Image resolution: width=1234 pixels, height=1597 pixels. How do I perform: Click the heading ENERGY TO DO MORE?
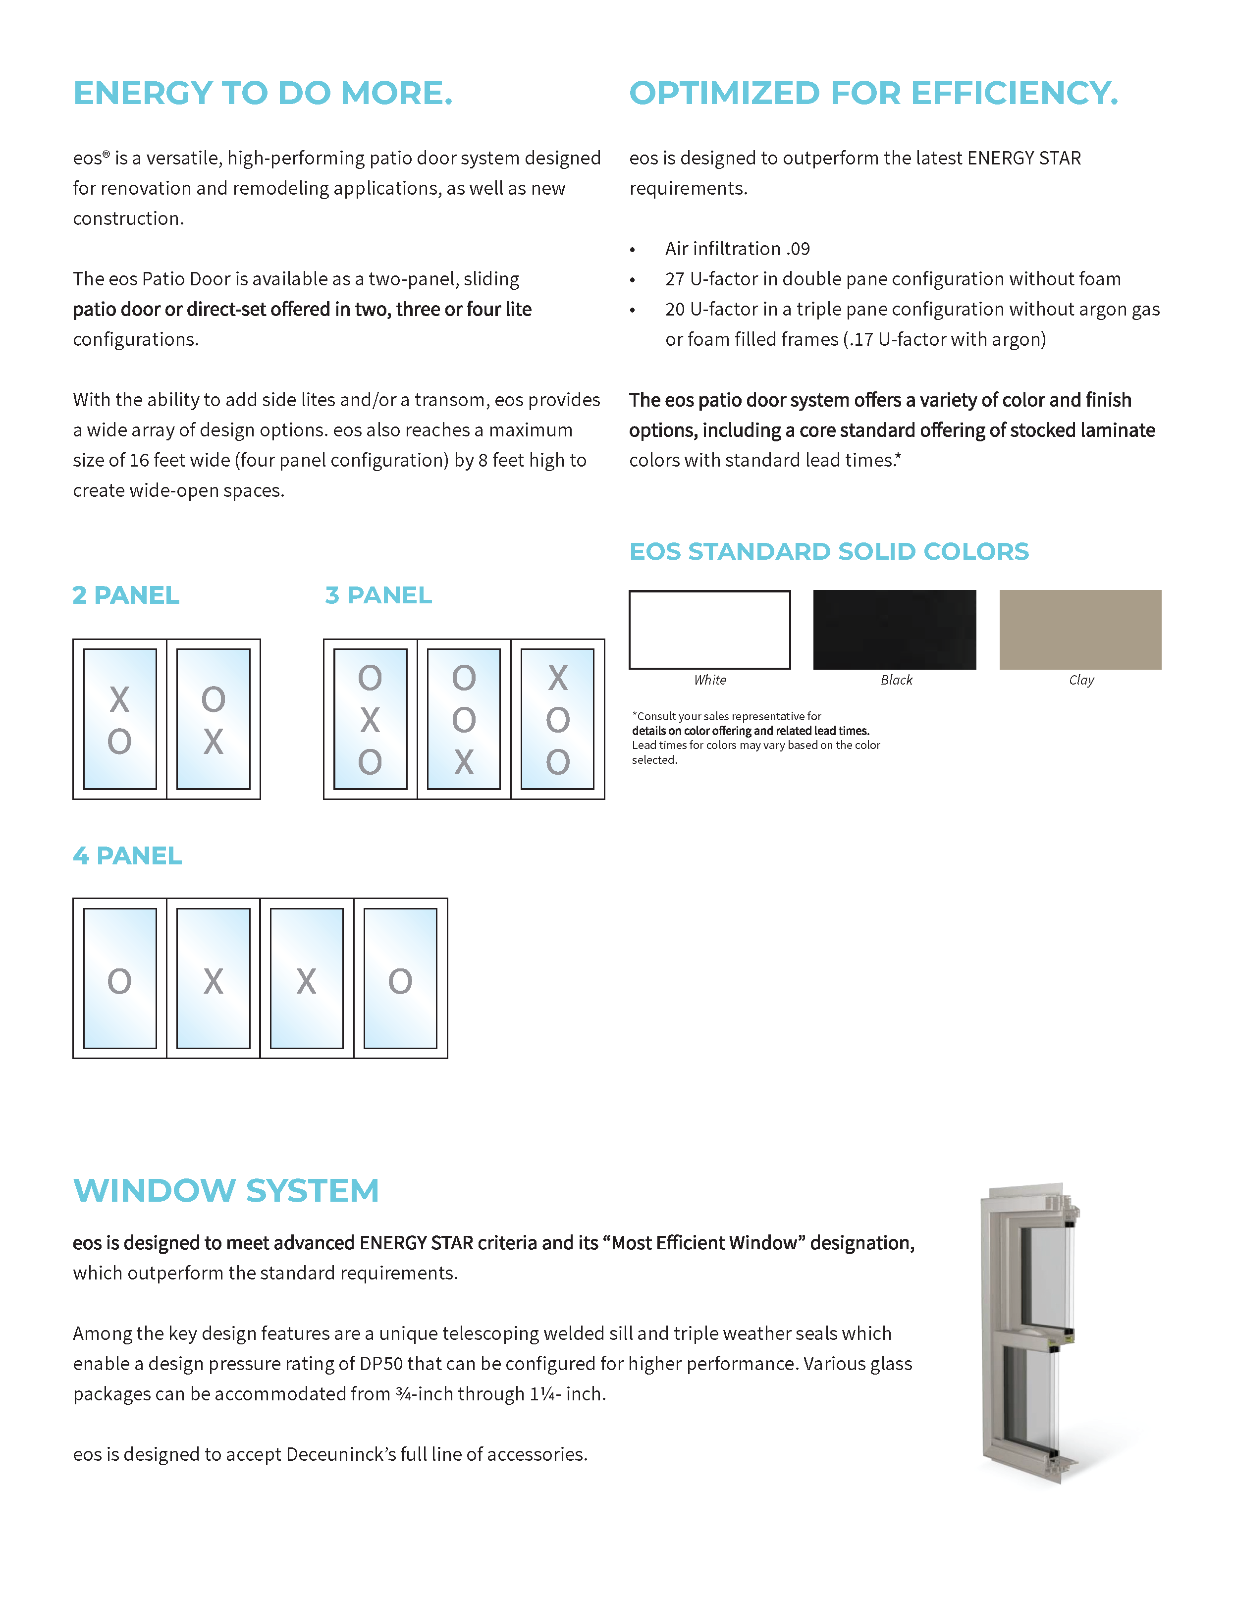(263, 94)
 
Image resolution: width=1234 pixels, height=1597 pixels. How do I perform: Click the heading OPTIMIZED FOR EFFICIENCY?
(873, 94)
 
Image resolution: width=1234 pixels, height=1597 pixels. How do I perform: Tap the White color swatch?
(709, 630)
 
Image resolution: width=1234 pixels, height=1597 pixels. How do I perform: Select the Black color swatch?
(894, 630)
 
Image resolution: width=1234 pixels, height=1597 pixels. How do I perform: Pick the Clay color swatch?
(1079, 630)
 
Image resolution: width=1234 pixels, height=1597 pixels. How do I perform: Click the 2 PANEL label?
(126, 595)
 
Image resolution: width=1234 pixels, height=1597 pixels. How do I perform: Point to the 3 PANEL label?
(378, 595)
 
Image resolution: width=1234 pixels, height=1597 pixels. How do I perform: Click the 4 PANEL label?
(127, 855)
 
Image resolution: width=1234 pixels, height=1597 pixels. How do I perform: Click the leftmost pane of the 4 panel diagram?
(120, 978)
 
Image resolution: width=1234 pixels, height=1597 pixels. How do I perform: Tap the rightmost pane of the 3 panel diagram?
(557, 719)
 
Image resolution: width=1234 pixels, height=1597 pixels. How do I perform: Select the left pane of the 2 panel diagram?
(120, 719)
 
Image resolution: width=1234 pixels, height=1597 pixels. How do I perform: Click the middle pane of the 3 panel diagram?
(464, 719)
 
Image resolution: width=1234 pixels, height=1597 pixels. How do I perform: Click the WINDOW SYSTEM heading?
(226, 1190)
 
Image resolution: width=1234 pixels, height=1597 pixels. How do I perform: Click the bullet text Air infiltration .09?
(737, 249)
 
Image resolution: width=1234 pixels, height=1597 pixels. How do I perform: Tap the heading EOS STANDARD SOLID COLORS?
(829, 551)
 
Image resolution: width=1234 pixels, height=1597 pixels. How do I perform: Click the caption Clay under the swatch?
(1081, 680)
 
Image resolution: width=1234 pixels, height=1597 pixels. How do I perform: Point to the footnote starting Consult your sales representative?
(755, 737)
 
